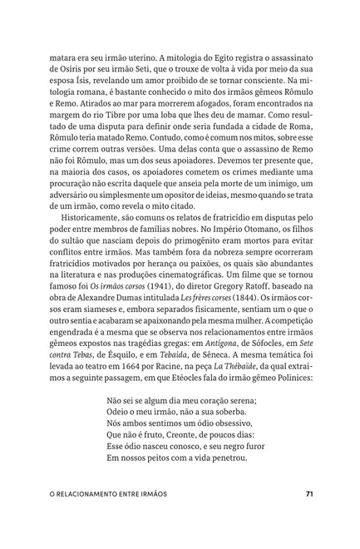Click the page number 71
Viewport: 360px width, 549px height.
point(309,517)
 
